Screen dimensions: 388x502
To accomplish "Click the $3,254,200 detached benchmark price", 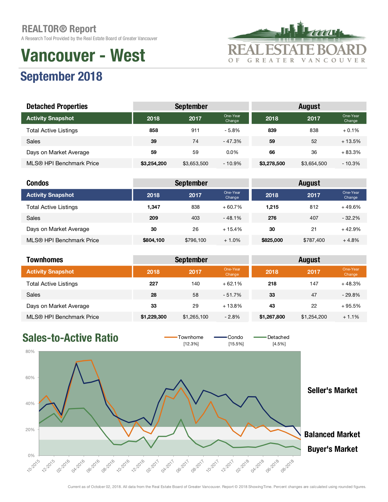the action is click(153, 164).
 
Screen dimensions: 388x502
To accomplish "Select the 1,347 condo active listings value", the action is click(153, 207).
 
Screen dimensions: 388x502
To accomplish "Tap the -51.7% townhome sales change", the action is click(232, 295).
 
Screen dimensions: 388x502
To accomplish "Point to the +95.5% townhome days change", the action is click(351, 306).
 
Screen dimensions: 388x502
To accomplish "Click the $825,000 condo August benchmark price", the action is click(272, 240).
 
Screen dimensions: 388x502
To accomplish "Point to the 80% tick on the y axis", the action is click(30, 351).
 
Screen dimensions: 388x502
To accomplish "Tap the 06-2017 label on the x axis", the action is click(183, 466).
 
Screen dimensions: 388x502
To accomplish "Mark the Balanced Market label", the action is click(332, 434).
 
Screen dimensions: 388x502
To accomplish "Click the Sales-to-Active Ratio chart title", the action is click(70, 338).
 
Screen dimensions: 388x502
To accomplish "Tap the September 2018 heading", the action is click(61, 76).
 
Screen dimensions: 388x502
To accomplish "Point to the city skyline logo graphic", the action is click(297, 30).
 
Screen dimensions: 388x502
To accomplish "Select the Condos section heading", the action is click(37, 183).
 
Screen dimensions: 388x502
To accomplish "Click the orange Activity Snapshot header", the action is click(76, 272).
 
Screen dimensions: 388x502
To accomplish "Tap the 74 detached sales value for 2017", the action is click(195, 141).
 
